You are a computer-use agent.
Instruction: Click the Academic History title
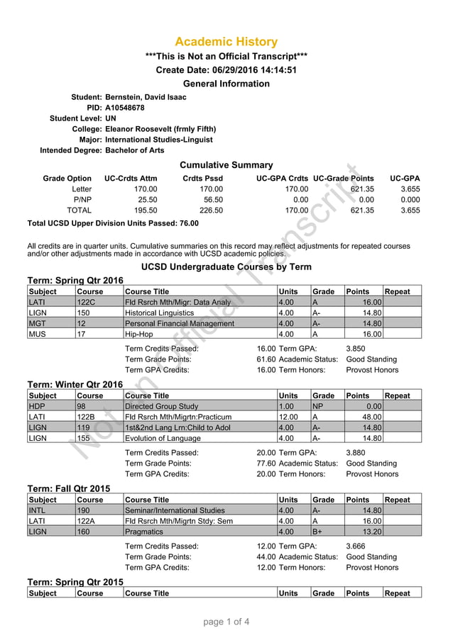(x=226, y=42)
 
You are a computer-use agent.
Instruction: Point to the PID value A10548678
(x=124, y=108)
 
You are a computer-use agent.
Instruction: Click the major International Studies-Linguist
(x=160, y=140)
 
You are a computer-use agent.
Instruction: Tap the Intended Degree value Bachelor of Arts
(x=134, y=150)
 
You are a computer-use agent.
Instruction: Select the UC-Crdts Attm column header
(x=131, y=179)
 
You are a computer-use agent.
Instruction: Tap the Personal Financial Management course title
(x=179, y=324)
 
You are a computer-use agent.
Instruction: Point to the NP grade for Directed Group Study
(x=319, y=407)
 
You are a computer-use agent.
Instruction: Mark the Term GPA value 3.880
(x=356, y=452)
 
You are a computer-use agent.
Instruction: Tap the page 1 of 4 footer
(x=226, y=623)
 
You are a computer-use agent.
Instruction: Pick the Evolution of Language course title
(x=157, y=439)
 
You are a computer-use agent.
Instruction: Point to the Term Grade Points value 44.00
(x=266, y=556)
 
